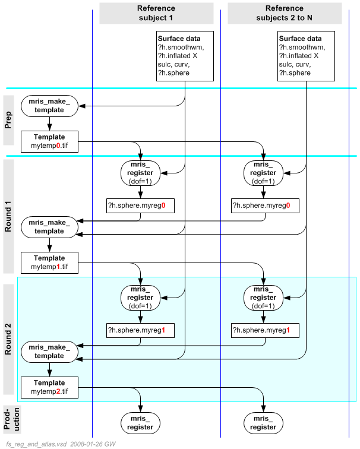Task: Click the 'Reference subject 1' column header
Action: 156,13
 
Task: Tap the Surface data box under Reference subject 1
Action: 185,56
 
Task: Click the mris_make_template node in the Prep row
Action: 49,106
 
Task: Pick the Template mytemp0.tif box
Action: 49,141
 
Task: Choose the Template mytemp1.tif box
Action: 49,263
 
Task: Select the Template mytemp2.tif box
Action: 49,387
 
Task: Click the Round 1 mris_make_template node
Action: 49,226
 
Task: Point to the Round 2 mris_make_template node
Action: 49,351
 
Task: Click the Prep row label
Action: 9,120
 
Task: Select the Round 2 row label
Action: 9,339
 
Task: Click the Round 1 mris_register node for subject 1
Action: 140,173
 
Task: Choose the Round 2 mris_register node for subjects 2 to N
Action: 264,298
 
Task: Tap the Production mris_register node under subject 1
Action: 140,422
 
